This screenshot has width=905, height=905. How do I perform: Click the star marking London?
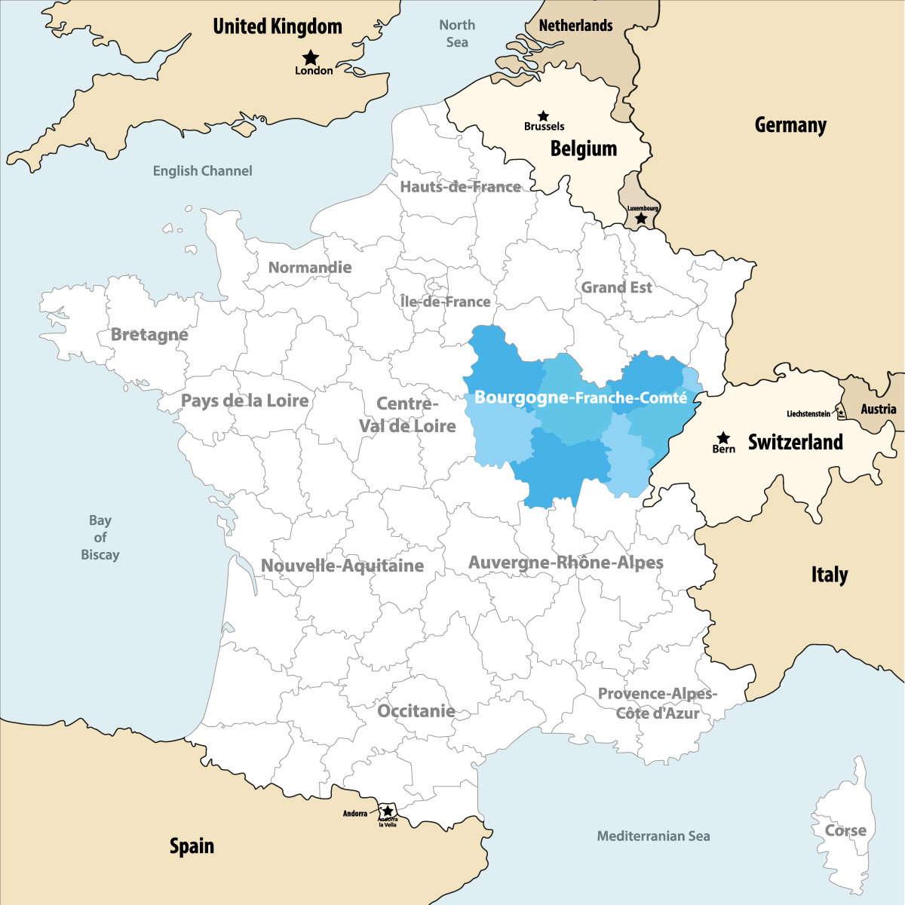coord(311,57)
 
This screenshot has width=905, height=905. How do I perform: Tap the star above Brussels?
coord(543,116)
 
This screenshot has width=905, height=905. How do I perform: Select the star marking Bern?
coord(723,437)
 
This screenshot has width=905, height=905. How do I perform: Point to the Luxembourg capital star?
coord(641,219)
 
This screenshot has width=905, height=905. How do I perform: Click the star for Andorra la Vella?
coord(388,811)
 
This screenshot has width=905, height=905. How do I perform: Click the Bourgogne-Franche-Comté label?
coord(581,397)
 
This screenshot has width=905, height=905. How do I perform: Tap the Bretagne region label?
coord(149,334)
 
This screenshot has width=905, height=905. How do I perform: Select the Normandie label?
coord(310,267)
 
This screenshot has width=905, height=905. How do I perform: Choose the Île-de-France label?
coord(445,302)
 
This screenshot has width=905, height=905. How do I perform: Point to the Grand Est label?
coord(616,287)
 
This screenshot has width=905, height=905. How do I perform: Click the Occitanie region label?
coord(416,711)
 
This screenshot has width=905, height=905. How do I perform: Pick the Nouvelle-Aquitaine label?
coord(342,566)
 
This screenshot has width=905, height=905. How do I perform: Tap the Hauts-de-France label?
coord(460,187)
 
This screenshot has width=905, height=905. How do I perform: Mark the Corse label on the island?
coord(845,830)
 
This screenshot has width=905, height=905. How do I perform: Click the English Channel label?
coord(202,171)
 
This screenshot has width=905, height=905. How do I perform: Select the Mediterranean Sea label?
coord(653,836)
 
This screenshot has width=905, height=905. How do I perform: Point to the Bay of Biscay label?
coord(100,537)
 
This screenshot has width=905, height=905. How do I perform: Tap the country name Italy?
coord(830,575)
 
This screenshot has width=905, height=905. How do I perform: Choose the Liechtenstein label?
coord(808,414)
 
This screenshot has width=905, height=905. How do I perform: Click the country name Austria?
coord(879,409)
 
